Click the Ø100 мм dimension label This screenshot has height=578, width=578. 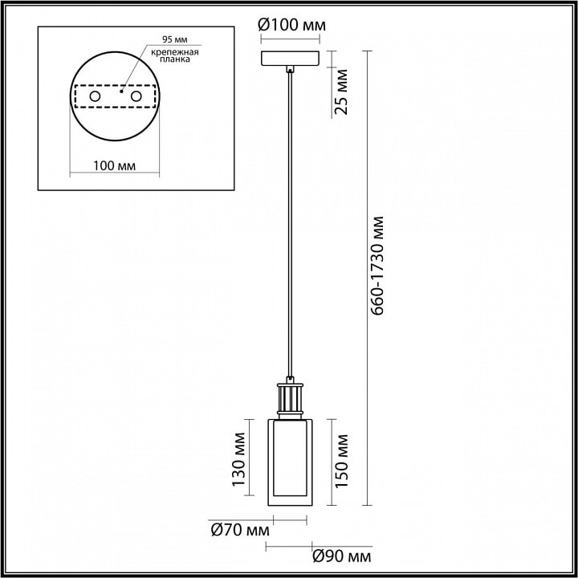(291, 26)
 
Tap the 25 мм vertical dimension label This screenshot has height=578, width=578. (340, 92)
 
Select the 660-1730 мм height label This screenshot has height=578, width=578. (377, 266)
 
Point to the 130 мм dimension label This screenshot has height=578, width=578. (238, 460)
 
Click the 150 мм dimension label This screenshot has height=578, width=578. (341, 461)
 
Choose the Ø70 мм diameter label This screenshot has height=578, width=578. (240, 531)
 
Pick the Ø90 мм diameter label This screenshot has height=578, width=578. (342, 556)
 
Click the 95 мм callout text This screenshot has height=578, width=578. (175, 39)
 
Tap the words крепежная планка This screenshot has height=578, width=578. (175, 55)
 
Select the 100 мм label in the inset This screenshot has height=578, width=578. (114, 166)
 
